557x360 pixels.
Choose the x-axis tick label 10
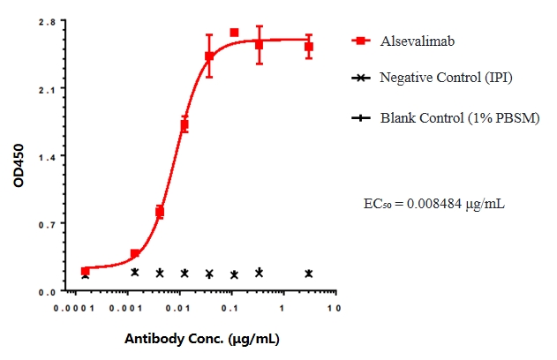point(332,309)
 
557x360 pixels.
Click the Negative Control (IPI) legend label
point(446,78)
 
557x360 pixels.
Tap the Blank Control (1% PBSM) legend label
point(459,117)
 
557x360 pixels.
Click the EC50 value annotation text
point(434,205)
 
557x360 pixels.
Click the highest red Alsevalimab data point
point(234,33)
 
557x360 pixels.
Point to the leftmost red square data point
point(85,271)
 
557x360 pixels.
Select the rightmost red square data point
point(309,47)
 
